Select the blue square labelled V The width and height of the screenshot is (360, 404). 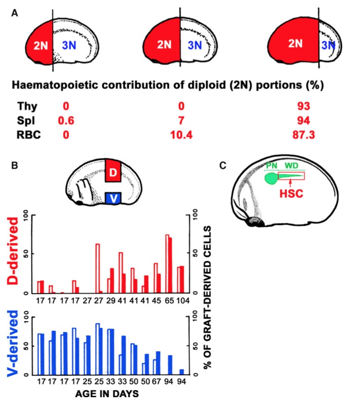[112, 198]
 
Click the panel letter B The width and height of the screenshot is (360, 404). [15, 164]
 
